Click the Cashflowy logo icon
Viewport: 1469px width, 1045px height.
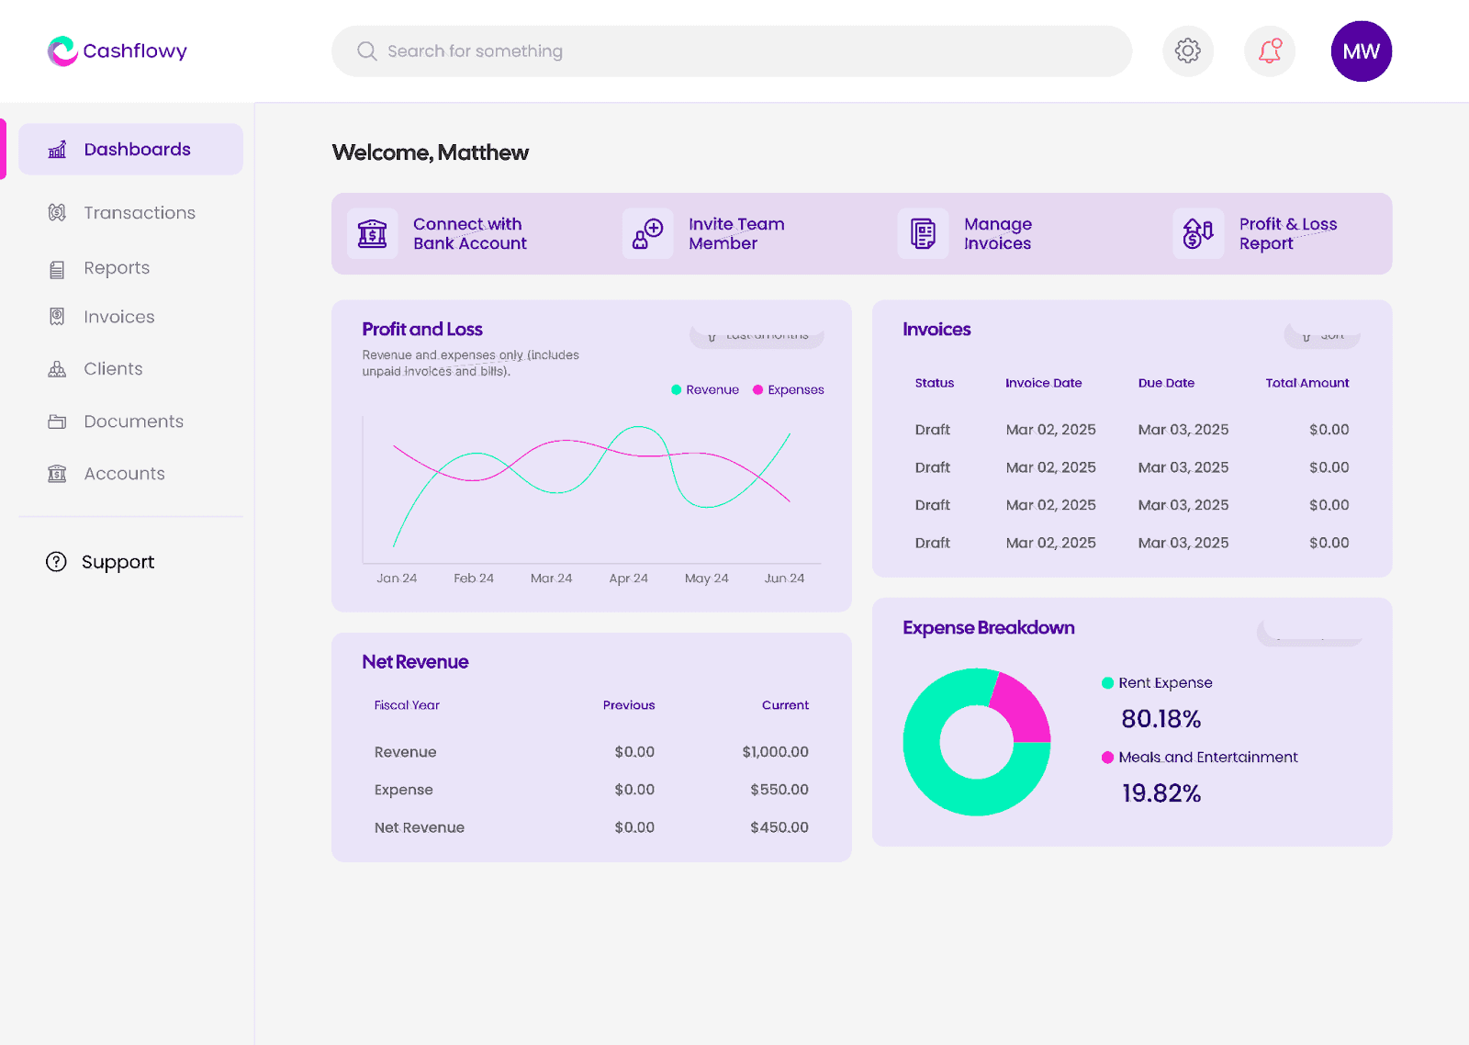point(62,51)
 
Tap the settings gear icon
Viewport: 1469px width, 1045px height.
point(1188,51)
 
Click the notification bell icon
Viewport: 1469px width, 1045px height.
point(1270,51)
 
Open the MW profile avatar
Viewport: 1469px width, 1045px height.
point(1361,51)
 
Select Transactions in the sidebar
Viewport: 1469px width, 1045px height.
point(139,213)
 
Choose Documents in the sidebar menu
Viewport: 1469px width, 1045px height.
point(133,421)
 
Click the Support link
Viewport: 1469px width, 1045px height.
point(118,562)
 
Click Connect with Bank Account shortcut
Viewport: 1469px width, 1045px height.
point(469,234)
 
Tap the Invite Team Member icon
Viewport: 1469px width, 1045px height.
point(648,234)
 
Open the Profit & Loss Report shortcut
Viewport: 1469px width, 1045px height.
point(1287,234)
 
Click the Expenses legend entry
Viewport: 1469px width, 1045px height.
point(795,390)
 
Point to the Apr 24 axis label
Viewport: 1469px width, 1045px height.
point(629,579)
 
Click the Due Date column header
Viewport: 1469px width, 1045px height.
point(1166,383)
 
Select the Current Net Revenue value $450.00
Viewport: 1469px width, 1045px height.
point(779,827)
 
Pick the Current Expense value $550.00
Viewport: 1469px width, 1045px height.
point(779,790)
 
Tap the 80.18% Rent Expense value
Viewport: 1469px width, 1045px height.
point(1161,719)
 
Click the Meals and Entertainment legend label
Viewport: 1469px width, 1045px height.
point(1207,758)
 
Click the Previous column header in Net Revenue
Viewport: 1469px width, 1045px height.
point(629,705)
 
